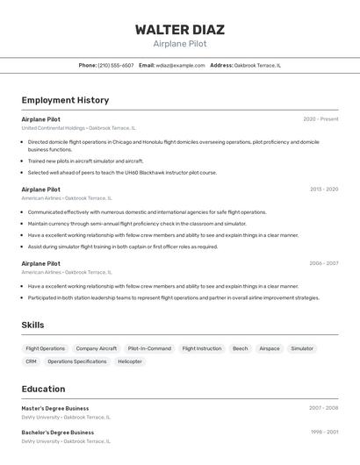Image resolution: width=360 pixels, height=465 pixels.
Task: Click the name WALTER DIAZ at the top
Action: (x=179, y=29)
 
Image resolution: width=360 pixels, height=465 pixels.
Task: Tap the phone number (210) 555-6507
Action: (x=116, y=65)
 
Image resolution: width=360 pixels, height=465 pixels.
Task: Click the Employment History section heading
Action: (x=65, y=100)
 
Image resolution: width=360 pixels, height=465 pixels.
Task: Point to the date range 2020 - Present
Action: (x=320, y=119)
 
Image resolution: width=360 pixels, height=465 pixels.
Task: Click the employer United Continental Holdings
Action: (x=54, y=128)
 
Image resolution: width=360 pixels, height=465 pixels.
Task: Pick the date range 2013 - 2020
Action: (x=324, y=189)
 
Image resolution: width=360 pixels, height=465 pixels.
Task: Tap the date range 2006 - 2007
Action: (x=323, y=263)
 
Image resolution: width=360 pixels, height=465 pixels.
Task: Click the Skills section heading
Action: (x=32, y=325)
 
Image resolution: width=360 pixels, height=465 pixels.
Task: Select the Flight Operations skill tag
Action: (x=46, y=348)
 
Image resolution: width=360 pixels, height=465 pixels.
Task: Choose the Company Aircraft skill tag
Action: (x=96, y=348)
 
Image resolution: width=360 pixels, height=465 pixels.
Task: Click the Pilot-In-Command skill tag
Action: (x=149, y=348)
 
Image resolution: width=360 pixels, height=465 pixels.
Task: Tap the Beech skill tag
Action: (x=240, y=348)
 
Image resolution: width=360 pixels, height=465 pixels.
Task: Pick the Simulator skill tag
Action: (x=302, y=348)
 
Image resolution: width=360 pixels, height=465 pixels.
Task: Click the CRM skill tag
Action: (x=31, y=361)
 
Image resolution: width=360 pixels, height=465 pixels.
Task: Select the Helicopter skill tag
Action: (x=130, y=361)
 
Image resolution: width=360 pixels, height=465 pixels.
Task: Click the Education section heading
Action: (x=43, y=389)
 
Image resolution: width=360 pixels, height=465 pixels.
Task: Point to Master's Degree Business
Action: (x=55, y=408)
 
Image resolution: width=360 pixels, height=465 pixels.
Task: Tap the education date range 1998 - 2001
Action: (x=324, y=432)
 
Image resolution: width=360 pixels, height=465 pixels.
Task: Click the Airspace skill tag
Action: (x=270, y=348)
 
